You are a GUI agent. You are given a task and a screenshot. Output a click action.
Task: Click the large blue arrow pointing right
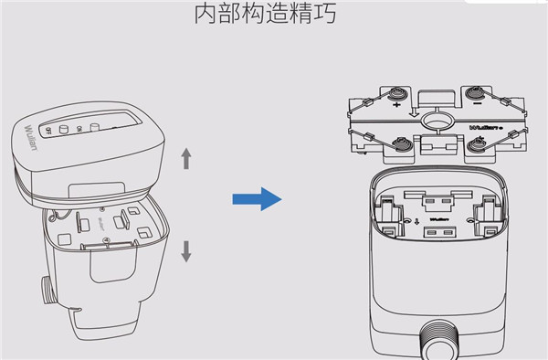pyautogui.click(x=257, y=197)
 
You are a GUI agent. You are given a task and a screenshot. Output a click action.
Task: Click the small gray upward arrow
pyautogui.click(x=187, y=158)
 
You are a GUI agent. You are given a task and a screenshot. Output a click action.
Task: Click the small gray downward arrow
pyautogui.click(x=187, y=250)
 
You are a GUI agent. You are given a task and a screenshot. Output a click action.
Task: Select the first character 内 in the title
pyautogui.click(x=207, y=16)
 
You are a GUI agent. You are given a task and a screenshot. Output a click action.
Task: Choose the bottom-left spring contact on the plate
pyautogui.click(x=401, y=143)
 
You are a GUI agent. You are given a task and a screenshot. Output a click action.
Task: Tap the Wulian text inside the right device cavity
pyautogui.click(x=437, y=219)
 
